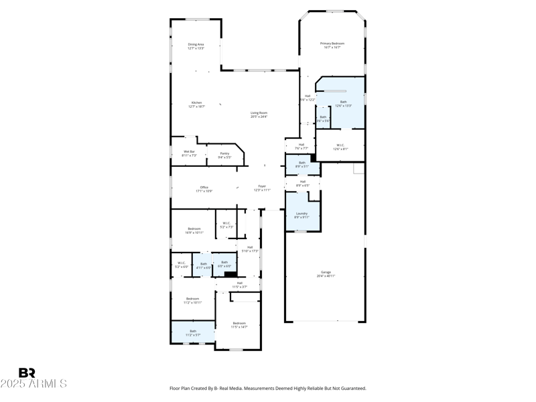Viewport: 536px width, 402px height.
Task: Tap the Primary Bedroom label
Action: click(x=332, y=45)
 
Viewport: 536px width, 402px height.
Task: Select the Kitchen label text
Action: click(x=196, y=104)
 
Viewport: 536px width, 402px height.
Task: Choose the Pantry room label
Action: click(x=224, y=155)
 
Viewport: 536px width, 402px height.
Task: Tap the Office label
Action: click(x=204, y=189)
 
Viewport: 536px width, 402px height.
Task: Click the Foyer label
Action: click(x=262, y=188)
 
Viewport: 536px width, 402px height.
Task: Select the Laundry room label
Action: click(x=301, y=215)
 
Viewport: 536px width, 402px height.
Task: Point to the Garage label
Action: click(x=326, y=273)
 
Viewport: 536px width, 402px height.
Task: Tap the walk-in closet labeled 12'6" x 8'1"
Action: click(x=340, y=147)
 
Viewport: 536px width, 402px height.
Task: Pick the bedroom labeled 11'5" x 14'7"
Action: click(x=239, y=325)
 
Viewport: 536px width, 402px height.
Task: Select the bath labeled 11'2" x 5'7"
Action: click(x=193, y=332)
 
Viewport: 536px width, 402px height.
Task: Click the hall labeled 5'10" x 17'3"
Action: click(x=250, y=249)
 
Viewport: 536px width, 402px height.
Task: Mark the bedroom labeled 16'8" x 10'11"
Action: click(x=194, y=230)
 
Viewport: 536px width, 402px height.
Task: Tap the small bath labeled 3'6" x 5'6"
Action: click(x=323, y=119)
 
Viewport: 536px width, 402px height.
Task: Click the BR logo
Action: click(x=27, y=373)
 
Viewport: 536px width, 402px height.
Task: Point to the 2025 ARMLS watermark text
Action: click(x=33, y=384)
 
